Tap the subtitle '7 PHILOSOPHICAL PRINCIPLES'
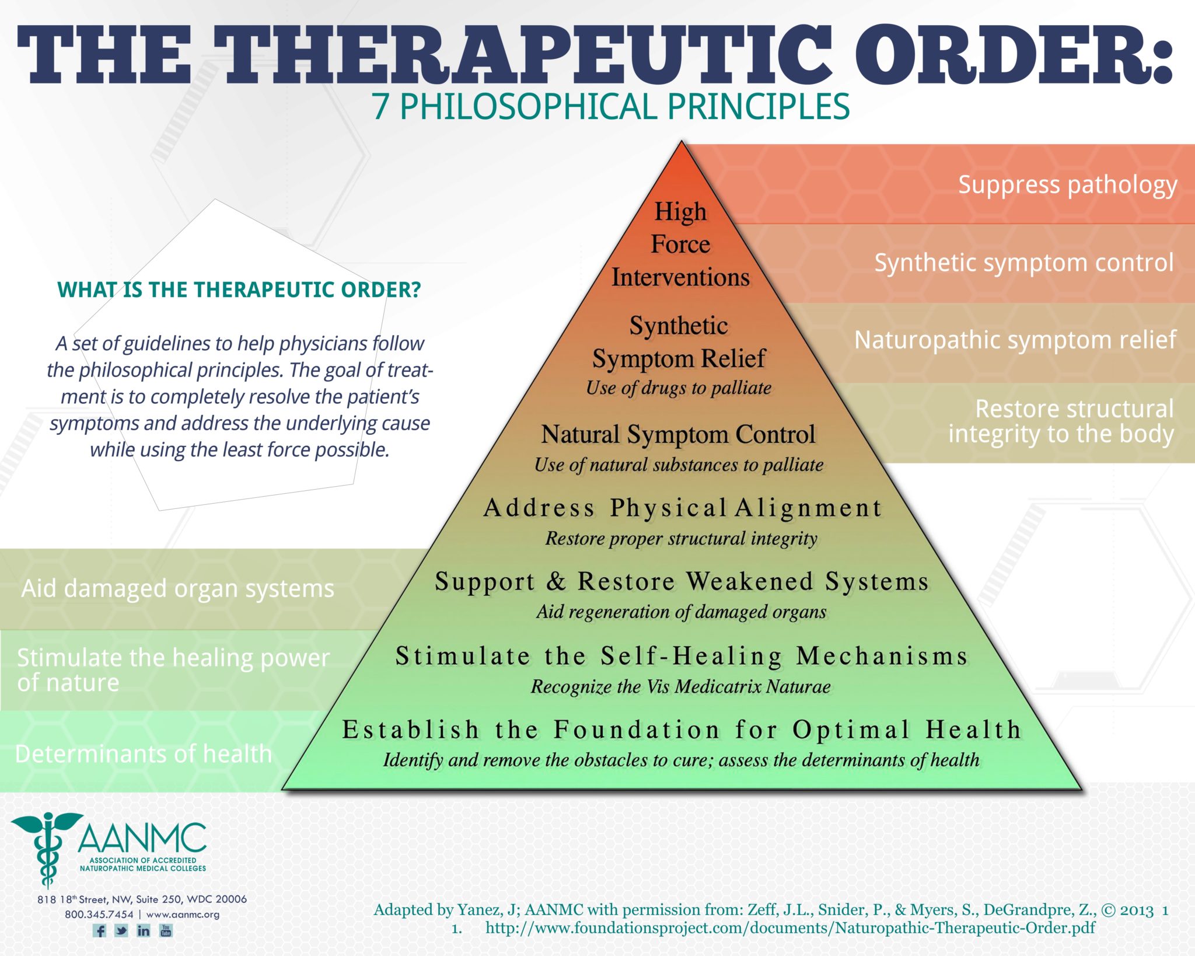tap(611, 107)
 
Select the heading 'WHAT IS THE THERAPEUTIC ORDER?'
tap(239, 289)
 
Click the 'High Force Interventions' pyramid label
tap(680, 245)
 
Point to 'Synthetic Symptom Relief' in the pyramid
tap(679, 343)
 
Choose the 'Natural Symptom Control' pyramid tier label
tap(678, 435)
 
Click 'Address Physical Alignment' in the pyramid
tap(682, 508)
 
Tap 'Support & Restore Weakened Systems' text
tap(682, 581)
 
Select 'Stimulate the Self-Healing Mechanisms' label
tap(682, 656)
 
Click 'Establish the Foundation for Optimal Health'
tap(682, 730)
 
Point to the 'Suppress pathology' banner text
tap(1067, 185)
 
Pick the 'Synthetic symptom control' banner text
tap(1023, 263)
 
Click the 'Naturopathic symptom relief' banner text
tap(1015, 340)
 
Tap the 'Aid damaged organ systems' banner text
tap(178, 588)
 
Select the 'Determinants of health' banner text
tap(144, 753)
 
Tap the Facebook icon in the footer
tap(100, 930)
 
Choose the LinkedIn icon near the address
tap(144, 930)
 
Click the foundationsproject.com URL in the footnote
tap(790, 928)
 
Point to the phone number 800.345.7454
tap(99, 914)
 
